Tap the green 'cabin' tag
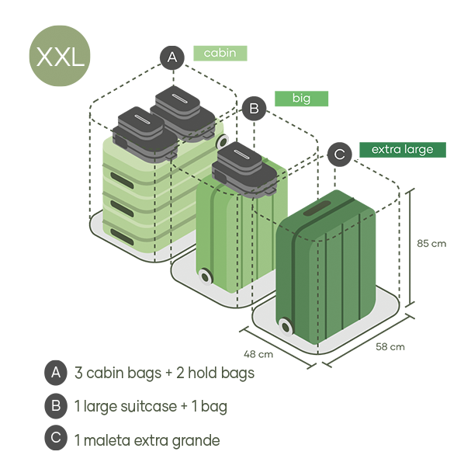pos(220,53)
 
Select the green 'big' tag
pos(301,99)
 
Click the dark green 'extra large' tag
pos(402,149)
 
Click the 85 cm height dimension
pos(431,243)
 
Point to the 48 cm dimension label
pos(258,354)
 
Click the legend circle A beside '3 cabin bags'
pos(55,373)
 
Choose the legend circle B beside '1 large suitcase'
pos(55,405)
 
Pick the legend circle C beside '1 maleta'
pos(55,439)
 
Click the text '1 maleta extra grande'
pos(147,440)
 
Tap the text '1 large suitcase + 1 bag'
pos(151,406)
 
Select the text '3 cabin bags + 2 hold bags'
pos(165,373)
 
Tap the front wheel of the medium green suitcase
pos(205,276)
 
